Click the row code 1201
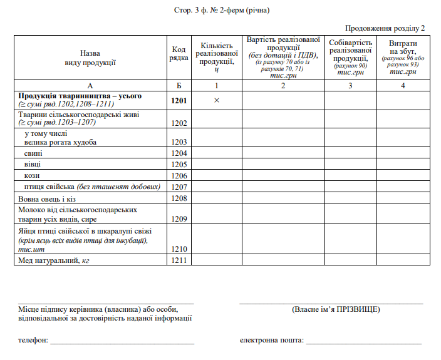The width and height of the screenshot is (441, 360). click(x=179, y=100)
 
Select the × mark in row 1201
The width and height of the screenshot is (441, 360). click(x=216, y=100)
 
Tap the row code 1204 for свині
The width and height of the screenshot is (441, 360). click(x=179, y=153)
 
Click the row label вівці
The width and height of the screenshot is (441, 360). click(x=33, y=164)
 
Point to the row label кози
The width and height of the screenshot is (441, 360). click(x=32, y=175)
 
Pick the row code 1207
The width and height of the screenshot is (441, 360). click(x=179, y=187)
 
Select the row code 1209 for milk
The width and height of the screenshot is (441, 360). click(x=179, y=219)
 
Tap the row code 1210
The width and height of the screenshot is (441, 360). click(x=179, y=249)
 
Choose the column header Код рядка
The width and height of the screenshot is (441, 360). click(x=179, y=53)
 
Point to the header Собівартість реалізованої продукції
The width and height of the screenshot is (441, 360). click(x=350, y=49)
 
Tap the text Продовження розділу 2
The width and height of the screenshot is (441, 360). click(x=385, y=28)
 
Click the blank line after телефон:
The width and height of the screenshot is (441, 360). click(x=122, y=342)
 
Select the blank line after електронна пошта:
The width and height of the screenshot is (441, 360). click(x=363, y=342)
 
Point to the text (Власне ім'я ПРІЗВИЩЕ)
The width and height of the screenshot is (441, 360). click(x=336, y=309)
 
